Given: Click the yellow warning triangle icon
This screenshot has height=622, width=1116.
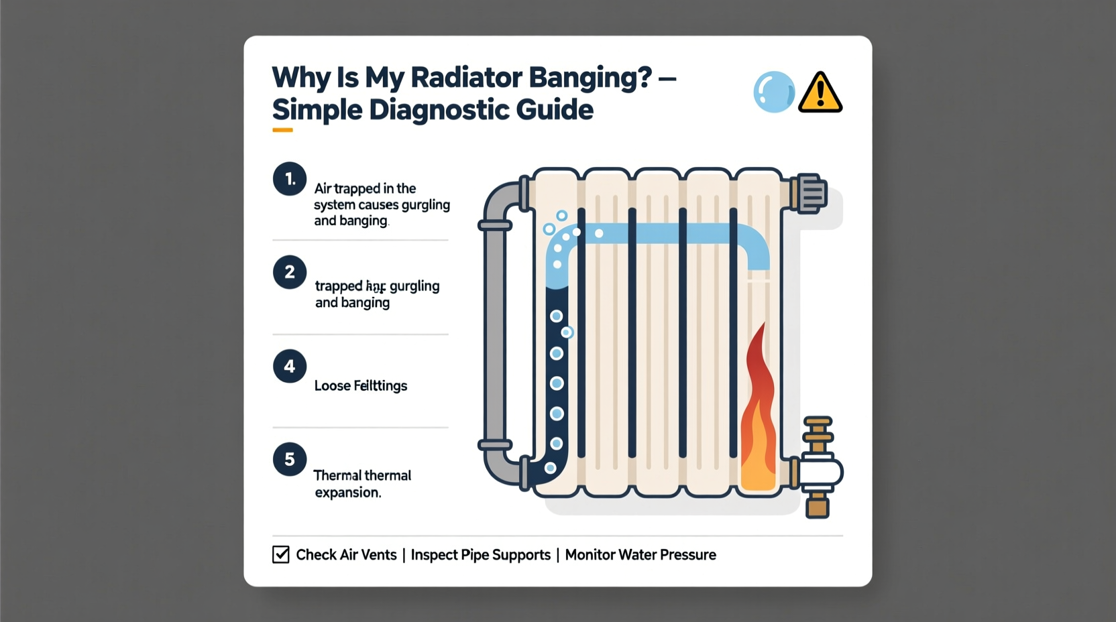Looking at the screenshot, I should (820, 93).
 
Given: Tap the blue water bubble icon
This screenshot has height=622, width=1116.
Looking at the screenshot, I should (774, 92).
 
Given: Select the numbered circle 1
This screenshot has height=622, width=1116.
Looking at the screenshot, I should (290, 179).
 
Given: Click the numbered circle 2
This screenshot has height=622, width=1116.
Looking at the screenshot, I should (290, 272).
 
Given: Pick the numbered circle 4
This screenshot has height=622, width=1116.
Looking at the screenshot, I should (290, 366).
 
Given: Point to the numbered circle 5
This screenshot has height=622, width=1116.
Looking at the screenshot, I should (290, 459).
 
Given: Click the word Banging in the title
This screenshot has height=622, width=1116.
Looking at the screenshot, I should (590, 78).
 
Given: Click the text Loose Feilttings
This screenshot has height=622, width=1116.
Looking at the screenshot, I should (361, 385).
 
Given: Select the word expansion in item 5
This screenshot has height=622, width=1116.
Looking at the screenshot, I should (347, 493).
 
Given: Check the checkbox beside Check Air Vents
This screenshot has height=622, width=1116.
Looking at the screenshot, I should (281, 554).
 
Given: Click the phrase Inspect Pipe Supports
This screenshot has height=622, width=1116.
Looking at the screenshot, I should (480, 555).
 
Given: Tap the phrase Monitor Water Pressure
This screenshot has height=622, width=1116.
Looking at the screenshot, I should (640, 555).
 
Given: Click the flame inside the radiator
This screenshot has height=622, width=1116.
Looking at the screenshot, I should (758, 416).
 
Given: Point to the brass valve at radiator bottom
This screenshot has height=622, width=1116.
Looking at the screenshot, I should (818, 469).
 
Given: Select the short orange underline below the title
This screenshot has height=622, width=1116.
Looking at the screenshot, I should (282, 130).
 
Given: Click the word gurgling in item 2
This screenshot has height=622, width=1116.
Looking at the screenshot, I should (414, 286).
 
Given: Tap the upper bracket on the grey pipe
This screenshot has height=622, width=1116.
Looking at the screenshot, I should (495, 226).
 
